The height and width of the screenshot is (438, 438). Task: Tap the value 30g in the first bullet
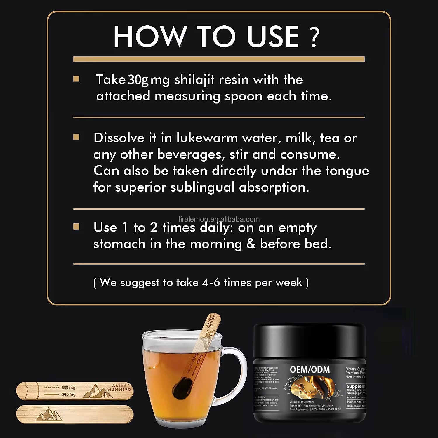pos(138,80)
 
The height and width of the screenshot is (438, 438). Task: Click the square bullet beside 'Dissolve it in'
pos(77,137)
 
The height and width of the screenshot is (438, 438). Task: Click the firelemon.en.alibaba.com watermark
pos(219,219)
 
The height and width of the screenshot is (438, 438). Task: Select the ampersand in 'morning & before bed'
pos(251,244)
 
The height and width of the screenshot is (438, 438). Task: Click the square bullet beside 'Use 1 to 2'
pos(77,227)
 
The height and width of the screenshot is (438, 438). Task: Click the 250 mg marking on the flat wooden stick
pos(68,387)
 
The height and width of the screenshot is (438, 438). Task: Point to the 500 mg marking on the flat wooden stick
pos(68,394)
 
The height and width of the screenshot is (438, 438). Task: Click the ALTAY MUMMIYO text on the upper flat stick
pos(119,387)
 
